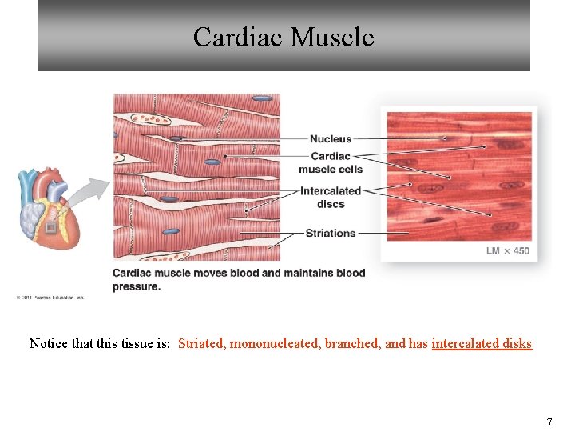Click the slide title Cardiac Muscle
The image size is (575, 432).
[284, 38]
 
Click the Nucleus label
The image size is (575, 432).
[331, 139]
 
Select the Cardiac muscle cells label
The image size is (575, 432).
[331, 162]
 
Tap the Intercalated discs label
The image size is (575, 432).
[331, 197]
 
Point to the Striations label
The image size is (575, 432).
[331, 233]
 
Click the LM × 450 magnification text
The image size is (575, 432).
[507, 250]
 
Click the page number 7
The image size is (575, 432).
[549, 422]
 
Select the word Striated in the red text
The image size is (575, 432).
[202, 343]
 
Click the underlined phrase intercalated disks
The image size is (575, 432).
[482, 343]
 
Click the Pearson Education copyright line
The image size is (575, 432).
[50, 298]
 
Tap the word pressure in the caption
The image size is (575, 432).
[136, 286]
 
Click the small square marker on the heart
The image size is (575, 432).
[51, 229]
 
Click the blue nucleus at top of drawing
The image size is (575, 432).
[262, 98]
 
